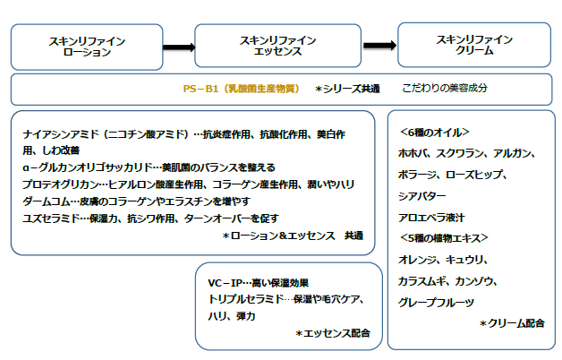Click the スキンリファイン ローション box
pos(87,46)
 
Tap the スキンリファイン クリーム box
pos(473,46)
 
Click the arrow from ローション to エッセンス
pos(179,47)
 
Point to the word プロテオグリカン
pos(55,184)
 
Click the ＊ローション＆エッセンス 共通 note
pos(294,236)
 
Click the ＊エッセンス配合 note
pos(332,332)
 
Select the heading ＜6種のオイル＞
pos(433,133)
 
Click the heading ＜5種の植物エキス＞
pos(443,237)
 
